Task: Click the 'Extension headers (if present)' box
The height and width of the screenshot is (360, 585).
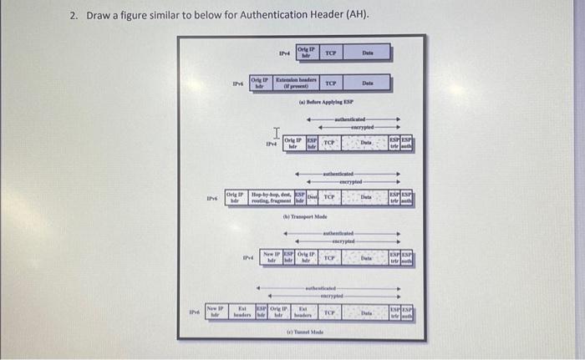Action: [292, 84]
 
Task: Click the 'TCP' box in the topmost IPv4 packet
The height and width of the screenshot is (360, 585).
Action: [330, 53]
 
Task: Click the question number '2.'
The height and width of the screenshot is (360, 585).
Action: [74, 16]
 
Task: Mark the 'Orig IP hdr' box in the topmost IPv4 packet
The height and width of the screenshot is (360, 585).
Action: [305, 53]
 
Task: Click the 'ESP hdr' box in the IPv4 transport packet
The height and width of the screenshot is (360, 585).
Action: [310, 144]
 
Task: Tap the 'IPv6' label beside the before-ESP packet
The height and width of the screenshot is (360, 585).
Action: [238, 84]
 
